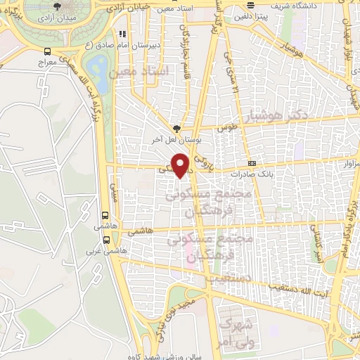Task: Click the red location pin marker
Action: pos(181,165)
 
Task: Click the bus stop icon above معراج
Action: pos(47,51)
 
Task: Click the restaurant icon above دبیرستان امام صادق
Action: pos(124,33)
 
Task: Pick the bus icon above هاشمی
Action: pos(105,216)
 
